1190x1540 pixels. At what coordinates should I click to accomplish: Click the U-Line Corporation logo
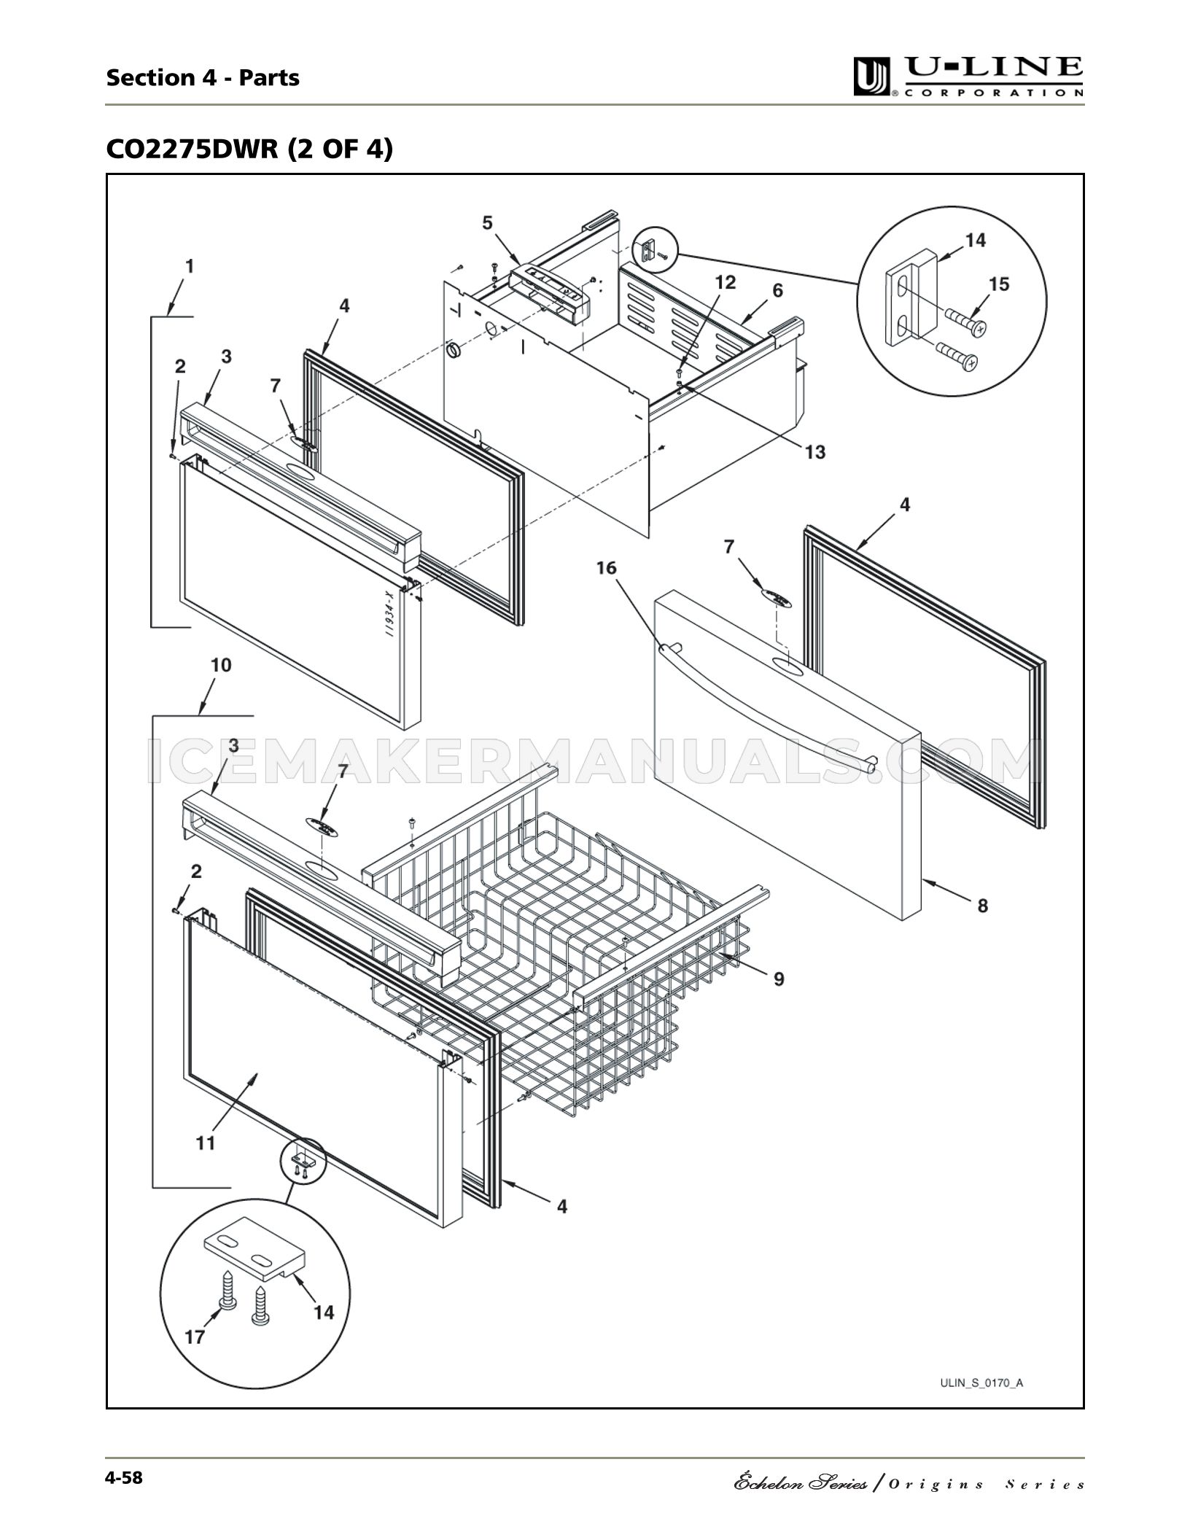(968, 77)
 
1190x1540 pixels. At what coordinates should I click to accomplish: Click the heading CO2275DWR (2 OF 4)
(249, 149)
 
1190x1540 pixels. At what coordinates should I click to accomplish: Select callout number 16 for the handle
(607, 567)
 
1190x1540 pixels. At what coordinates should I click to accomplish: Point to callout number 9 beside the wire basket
(779, 979)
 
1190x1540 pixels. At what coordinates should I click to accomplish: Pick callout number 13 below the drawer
(815, 452)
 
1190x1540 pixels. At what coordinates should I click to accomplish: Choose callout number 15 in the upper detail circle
(999, 284)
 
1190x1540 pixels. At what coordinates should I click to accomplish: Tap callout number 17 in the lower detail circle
(195, 1336)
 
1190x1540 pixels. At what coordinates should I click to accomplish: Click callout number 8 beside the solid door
(983, 906)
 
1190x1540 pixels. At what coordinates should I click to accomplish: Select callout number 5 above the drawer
(487, 222)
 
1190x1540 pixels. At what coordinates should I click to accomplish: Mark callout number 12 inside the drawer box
(726, 282)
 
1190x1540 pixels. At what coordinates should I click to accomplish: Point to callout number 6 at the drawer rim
(777, 290)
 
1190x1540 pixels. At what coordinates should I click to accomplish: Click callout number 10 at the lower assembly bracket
(221, 665)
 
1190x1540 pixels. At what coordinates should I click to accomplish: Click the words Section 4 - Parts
(203, 77)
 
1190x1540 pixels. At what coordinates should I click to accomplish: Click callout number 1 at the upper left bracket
(190, 267)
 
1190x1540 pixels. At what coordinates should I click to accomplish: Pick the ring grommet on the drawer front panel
(454, 351)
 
